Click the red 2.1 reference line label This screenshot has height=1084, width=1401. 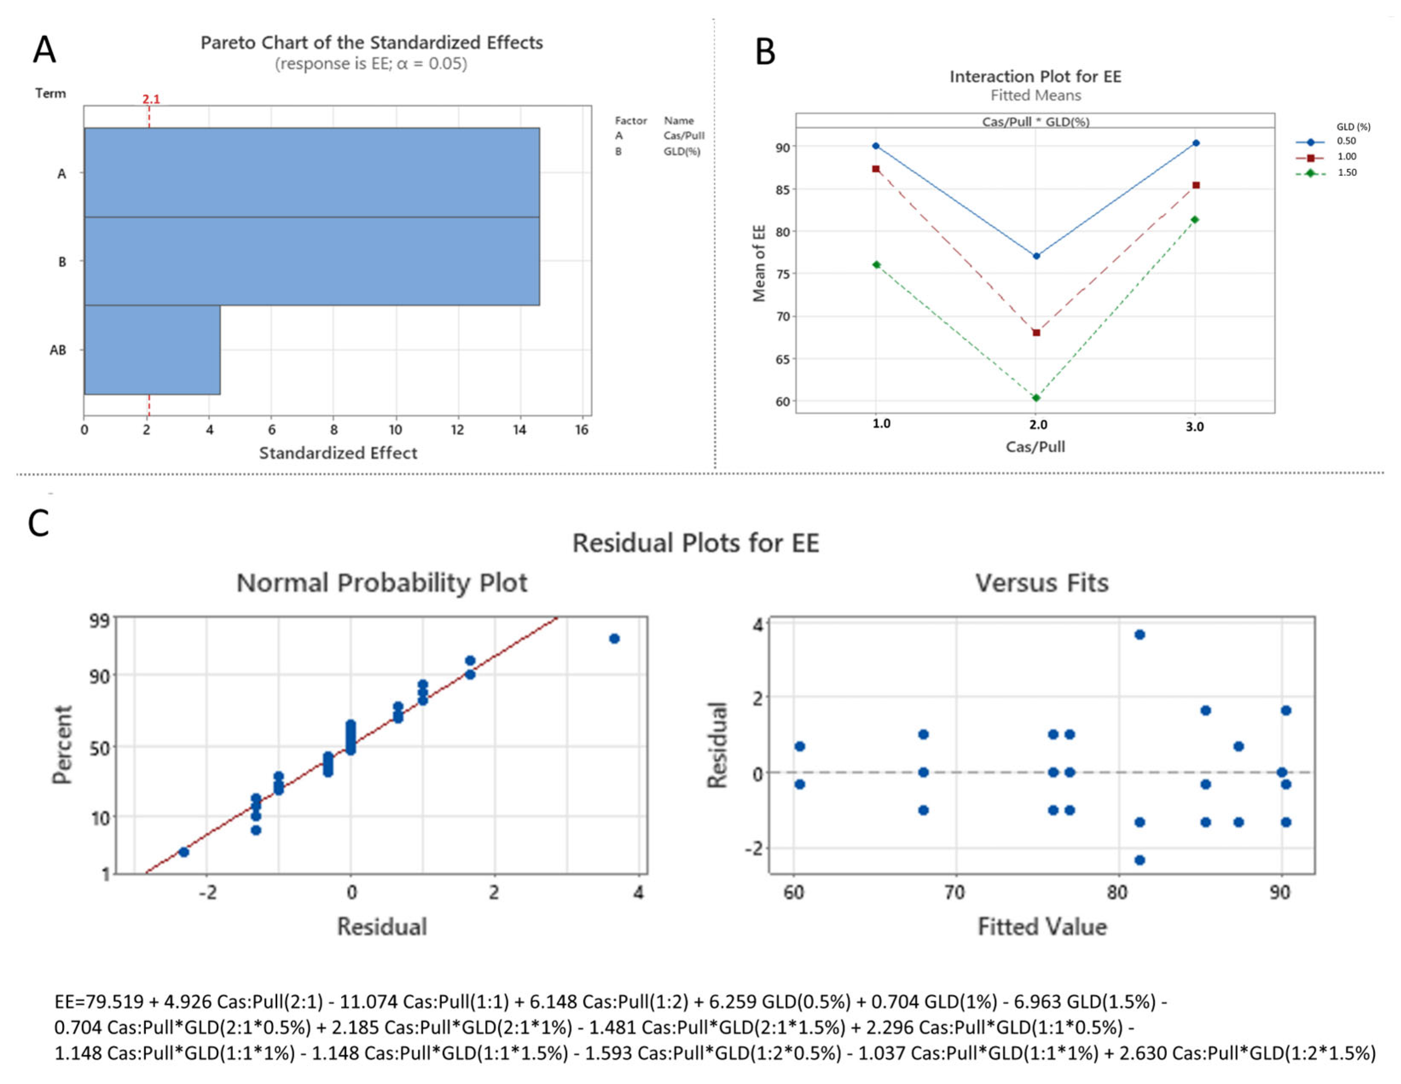(151, 99)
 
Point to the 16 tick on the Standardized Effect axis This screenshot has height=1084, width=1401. (581, 430)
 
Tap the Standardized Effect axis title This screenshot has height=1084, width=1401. (338, 453)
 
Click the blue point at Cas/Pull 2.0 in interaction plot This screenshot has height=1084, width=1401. (1036, 256)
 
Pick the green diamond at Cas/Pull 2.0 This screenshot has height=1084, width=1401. (1036, 398)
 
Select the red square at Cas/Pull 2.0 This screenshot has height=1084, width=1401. (1036, 332)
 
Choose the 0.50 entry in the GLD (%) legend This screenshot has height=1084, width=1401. (1346, 141)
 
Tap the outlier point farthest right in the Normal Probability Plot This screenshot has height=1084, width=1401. (614, 638)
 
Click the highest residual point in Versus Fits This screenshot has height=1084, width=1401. (1139, 634)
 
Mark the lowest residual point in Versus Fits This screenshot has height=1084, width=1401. (1139, 859)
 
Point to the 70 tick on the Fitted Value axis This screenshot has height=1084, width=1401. (955, 892)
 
